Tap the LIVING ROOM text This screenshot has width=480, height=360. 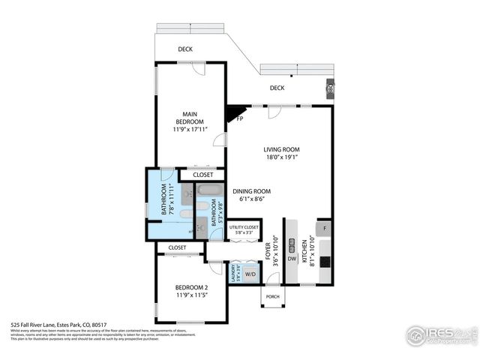[281, 149]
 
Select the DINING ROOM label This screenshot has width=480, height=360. [251, 191]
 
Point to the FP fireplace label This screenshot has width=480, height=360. [240, 118]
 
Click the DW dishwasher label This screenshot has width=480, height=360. [291, 259]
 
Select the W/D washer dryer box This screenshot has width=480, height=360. [250, 274]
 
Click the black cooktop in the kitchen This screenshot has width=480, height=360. [325, 262]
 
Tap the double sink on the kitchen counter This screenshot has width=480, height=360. [291, 244]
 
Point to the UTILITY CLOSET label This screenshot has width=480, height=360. [244, 226]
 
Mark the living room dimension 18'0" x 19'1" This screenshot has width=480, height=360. [281, 157]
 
